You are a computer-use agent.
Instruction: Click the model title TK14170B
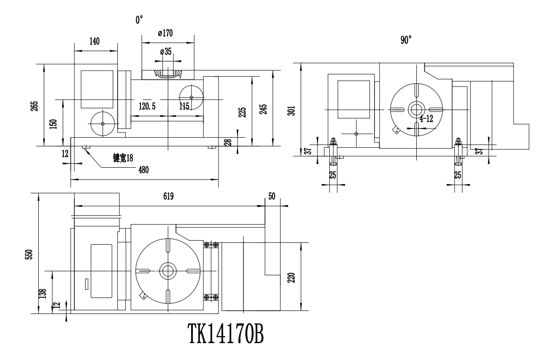coord(226,336)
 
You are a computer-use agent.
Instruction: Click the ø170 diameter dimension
coord(165,33)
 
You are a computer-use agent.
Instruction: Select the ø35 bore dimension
coord(166,52)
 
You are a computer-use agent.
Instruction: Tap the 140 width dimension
coord(94,41)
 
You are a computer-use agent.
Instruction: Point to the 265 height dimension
coord(35,105)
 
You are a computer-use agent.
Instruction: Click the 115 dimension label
coord(184,106)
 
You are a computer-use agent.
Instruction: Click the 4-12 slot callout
coord(426,119)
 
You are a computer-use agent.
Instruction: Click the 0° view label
coord(139,20)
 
